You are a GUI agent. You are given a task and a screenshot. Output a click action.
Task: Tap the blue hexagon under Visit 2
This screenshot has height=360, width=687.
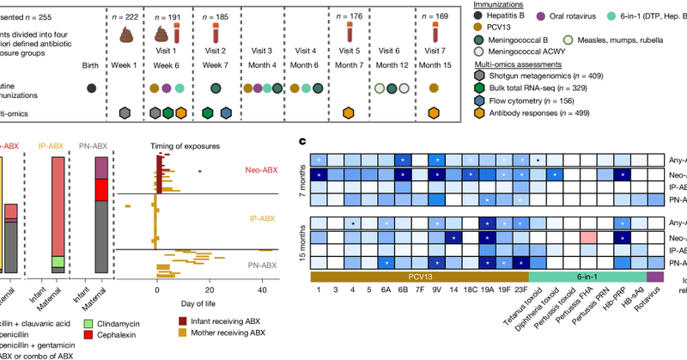click(225, 113)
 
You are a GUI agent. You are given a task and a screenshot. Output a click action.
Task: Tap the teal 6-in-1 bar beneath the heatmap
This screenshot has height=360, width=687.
click(587, 276)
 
